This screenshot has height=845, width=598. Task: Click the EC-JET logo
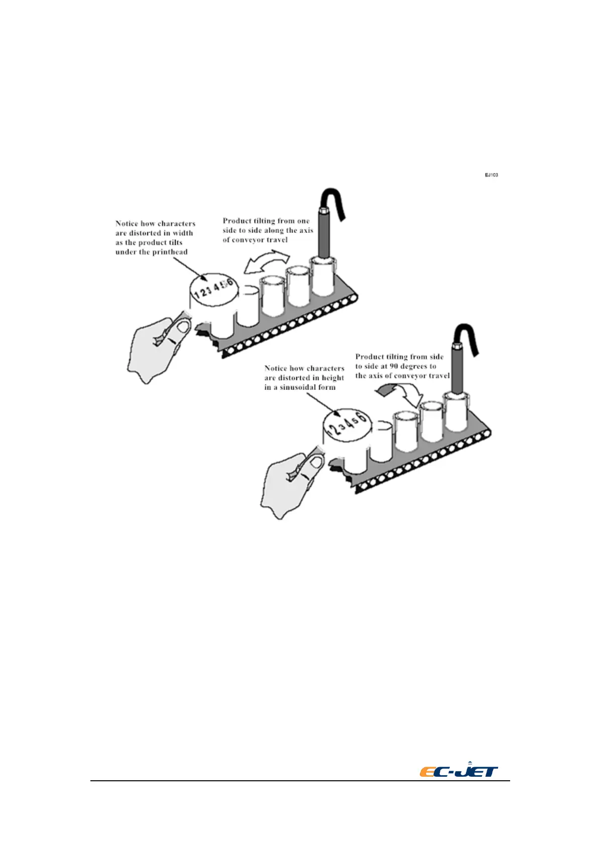coord(459,771)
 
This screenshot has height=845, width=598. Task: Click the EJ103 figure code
coord(491,175)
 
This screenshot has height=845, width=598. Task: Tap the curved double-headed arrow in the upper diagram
coord(266,263)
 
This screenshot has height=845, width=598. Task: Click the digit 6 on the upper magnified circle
coord(230,283)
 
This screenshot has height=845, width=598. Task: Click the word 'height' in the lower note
coord(333,378)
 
